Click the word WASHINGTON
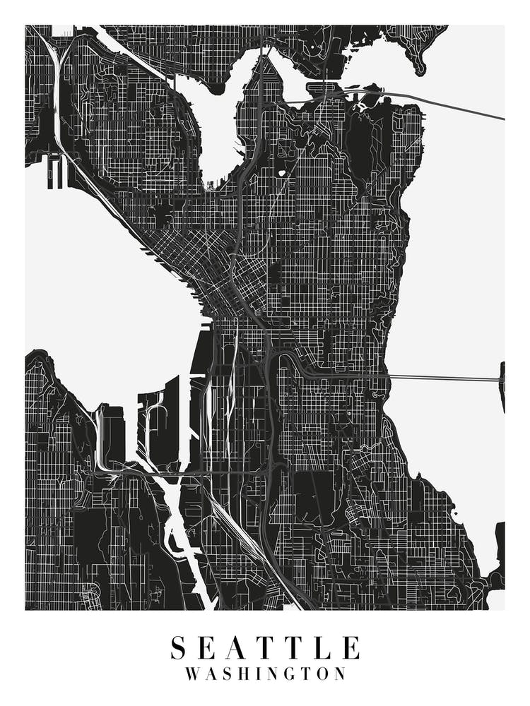point(266,674)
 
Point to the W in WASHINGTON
point(193,674)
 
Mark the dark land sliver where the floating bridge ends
point(502,385)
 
